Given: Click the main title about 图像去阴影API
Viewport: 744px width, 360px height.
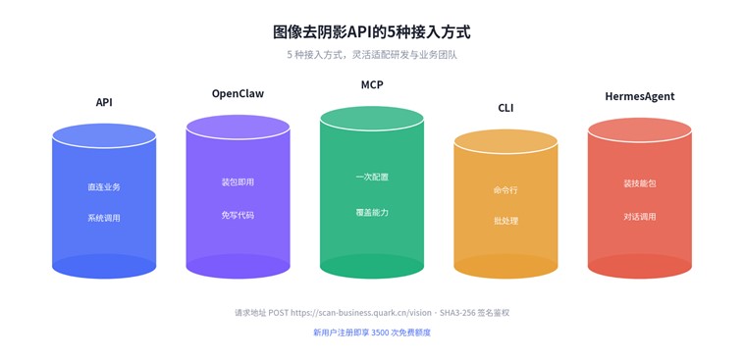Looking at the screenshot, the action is coord(372,32).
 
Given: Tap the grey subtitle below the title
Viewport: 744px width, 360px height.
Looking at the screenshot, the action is coord(372,55).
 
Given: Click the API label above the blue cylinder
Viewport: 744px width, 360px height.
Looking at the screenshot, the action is coord(104,102).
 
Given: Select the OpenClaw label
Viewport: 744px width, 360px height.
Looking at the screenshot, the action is coord(238,93).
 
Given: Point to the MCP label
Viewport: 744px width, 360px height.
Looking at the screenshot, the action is coord(372,85).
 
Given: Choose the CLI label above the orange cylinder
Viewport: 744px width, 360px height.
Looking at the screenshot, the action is coord(505,108).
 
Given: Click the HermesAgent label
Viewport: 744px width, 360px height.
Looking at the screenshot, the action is coord(640,96).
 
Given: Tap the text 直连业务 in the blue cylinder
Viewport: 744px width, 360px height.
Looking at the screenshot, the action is coord(104,187).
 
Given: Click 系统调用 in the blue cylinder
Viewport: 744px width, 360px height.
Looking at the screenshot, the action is coord(104,218).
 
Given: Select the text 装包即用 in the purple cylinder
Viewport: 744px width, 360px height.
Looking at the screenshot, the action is coord(238,182).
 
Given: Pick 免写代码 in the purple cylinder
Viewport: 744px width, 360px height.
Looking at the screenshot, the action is coord(238,215).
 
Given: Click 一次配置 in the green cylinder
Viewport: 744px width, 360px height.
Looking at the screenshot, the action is coord(372,177).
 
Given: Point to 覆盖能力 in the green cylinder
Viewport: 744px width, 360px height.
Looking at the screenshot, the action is coord(372,212).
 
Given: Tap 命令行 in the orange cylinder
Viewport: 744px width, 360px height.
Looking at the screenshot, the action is coord(505,190).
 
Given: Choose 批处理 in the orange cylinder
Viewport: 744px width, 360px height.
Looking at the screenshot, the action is coord(505,221).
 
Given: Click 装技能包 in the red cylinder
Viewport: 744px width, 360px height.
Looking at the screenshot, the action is coord(640,183).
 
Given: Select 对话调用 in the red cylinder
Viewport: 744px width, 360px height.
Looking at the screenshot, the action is coord(640,217).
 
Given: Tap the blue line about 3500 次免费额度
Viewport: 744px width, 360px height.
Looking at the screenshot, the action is coord(372,333).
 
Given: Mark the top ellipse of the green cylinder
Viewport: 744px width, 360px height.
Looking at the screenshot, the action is coord(372,119).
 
